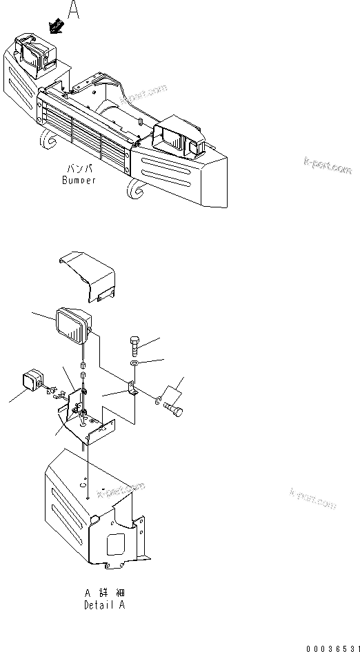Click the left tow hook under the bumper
(x=48, y=141)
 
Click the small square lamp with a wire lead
(x=31, y=382)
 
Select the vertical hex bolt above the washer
(x=134, y=343)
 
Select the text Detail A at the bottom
(x=106, y=606)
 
